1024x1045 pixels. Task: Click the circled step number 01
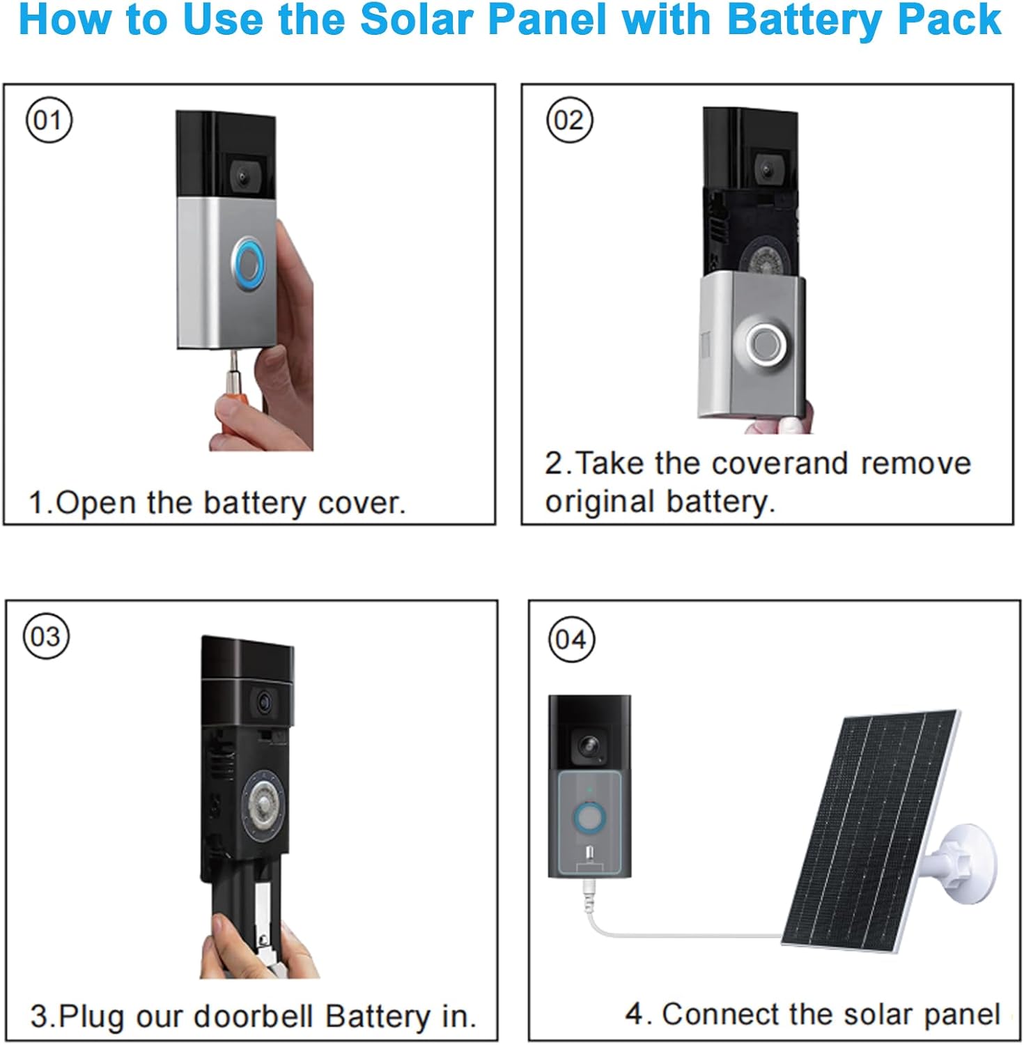click(x=49, y=121)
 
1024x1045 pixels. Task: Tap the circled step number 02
click(x=569, y=121)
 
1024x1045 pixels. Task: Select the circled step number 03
click(x=47, y=636)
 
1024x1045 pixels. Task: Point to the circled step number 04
click(x=571, y=640)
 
